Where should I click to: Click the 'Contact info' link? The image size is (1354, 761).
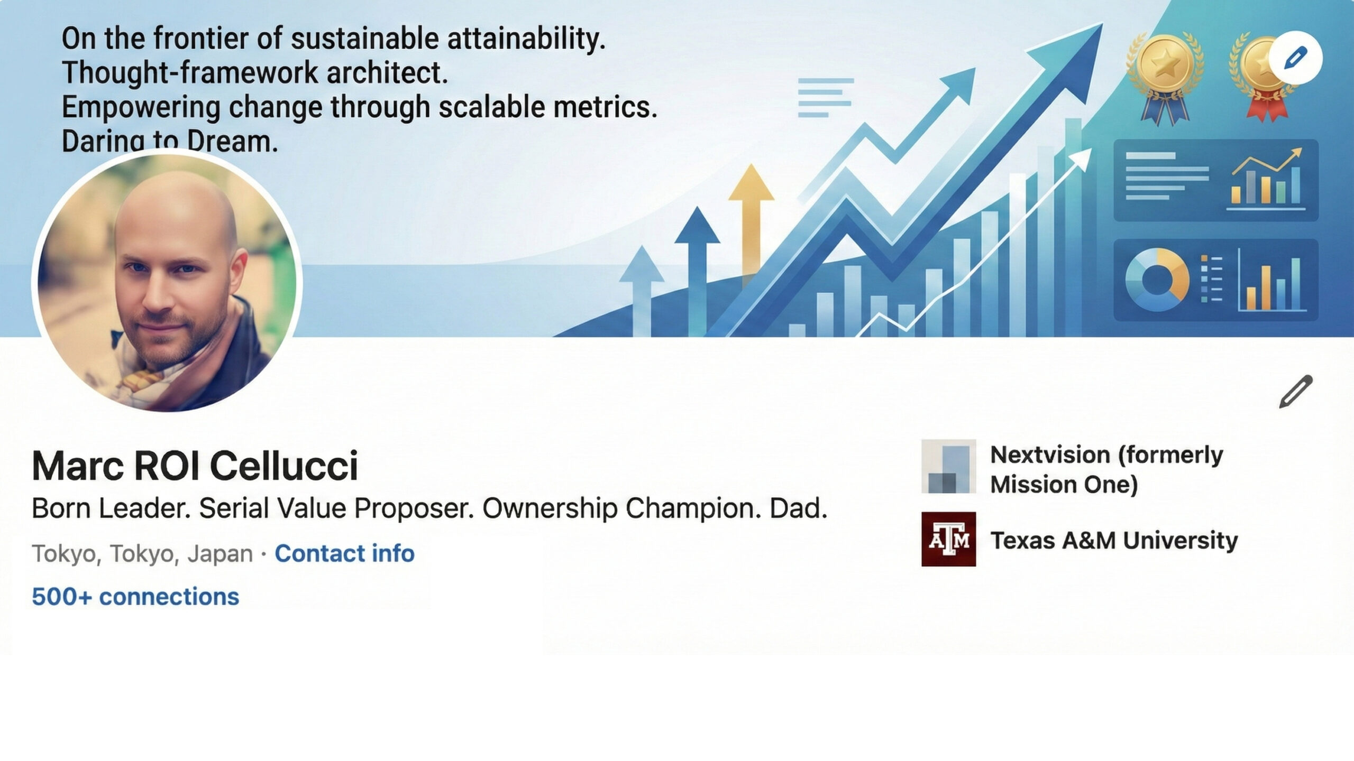point(344,553)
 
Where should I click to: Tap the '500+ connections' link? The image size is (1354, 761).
point(135,597)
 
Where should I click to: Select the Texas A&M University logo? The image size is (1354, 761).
point(948,539)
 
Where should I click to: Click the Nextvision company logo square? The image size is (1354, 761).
point(948,466)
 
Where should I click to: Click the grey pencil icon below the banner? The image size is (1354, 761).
point(1295,392)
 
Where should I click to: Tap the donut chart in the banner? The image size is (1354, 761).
point(1157,280)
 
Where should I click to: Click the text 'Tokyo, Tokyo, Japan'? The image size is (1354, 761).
point(142,554)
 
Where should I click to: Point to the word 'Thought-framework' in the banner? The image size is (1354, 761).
point(190,72)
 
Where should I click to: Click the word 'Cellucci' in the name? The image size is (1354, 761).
point(284,466)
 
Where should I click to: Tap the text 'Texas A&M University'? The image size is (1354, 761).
point(1114,540)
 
